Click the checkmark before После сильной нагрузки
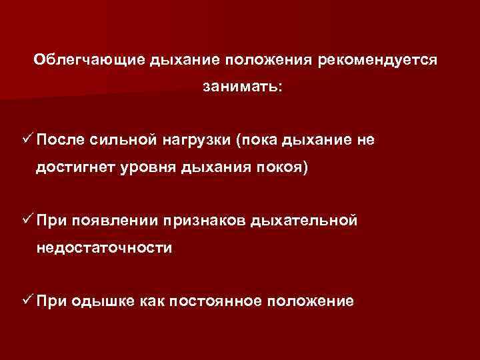27,139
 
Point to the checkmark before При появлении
27,219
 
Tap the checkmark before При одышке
27,300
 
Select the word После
61,139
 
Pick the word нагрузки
196,139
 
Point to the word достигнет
77,167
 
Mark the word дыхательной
305,220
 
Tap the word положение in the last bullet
310,301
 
